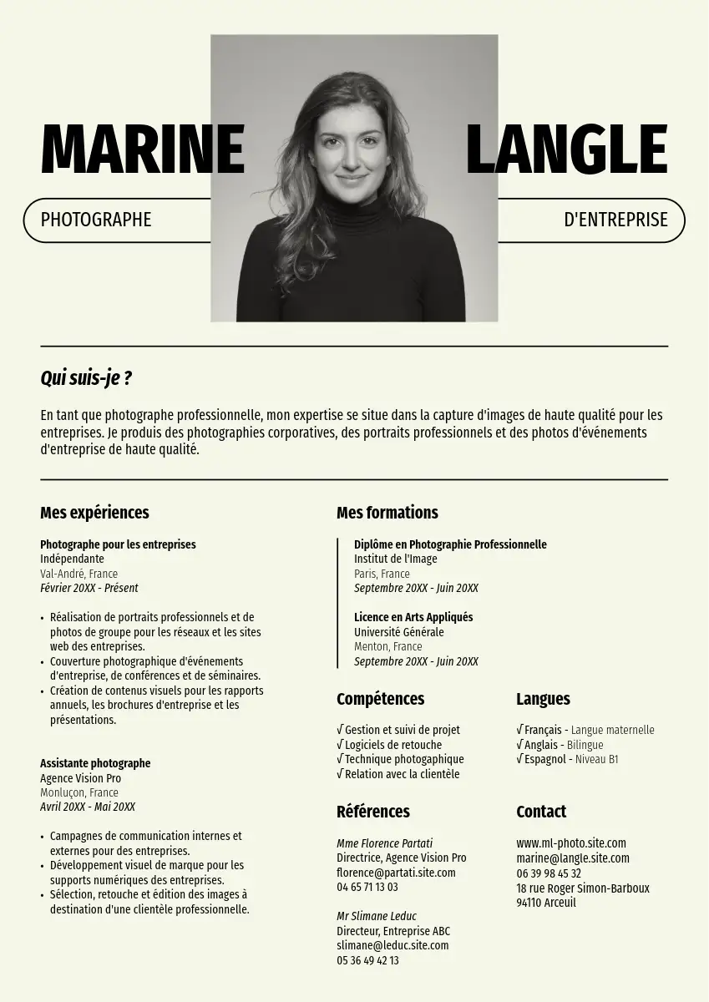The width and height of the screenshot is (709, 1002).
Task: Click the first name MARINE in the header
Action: [142, 150]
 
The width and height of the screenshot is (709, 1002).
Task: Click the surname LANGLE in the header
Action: [566, 150]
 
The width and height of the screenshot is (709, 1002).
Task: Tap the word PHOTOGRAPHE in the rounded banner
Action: [96, 220]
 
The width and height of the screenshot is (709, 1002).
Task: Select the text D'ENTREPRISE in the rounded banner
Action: [615, 220]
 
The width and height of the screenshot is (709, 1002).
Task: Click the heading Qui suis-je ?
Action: [86, 378]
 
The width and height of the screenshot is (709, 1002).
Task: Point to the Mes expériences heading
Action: [94, 513]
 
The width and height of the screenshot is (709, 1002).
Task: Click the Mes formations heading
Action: [387, 513]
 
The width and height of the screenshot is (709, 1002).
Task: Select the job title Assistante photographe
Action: [95, 763]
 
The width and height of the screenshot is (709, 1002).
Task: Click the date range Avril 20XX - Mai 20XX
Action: [88, 807]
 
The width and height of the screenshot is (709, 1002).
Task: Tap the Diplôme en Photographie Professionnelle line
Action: [450, 544]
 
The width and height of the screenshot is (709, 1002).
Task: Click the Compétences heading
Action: [380, 699]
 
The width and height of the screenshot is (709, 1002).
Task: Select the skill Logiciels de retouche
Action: [393, 745]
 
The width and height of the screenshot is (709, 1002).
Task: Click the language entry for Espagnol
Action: [567, 760]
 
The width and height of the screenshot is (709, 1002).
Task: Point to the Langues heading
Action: [543, 699]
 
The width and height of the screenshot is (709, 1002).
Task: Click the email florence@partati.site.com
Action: [396, 873]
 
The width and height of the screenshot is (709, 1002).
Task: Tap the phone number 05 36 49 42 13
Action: [367, 960]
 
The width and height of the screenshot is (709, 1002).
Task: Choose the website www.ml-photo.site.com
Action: [570, 843]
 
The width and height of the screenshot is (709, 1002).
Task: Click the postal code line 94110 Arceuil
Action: [545, 903]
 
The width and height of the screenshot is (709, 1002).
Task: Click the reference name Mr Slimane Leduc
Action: [376, 916]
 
